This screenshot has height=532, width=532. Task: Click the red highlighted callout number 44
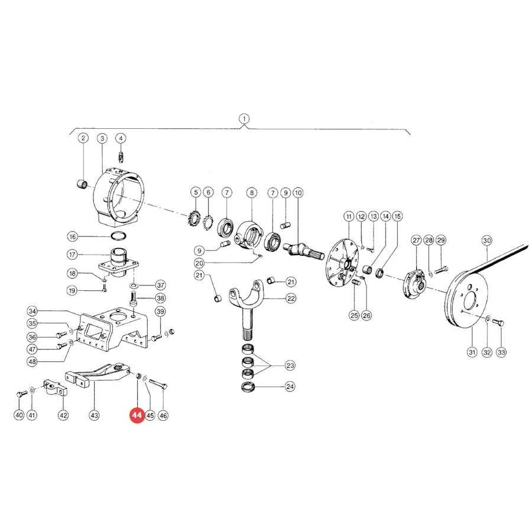pyautogui.click(x=137, y=416)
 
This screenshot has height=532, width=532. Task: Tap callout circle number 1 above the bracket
pyautogui.click(x=244, y=119)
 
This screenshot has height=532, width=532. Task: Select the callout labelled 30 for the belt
pyautogui.click(x=486, y=241)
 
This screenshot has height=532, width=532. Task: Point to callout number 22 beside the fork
pyautogui.click(x=291, y=299)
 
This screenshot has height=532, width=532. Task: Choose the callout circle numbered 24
pyautogui.click(x=290, y=387)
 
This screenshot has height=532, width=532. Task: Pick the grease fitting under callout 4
pyautogui.click(x=121, y=157)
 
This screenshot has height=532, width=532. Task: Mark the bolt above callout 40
pyautogui.click(x=21, y=394)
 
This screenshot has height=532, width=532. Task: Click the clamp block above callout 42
pyautogui.click(x=55, y=388)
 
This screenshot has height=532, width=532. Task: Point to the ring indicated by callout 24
pyautogui.click(x=248, y=387)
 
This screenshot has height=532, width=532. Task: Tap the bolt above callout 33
pyautogui.click(x=498, y=322)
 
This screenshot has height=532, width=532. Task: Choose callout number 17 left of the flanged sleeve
pyautogui.click(x=72, y=254)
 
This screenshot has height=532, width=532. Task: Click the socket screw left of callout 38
pyautogui.click(x=132, y=299)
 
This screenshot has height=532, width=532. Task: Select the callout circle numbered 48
pyautogui.click(x=33, y=361)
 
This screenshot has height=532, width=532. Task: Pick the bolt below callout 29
pyautogui.click(x=441, y=270)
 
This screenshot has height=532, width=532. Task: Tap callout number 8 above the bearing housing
pyautogui.click(x=251, y=193)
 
